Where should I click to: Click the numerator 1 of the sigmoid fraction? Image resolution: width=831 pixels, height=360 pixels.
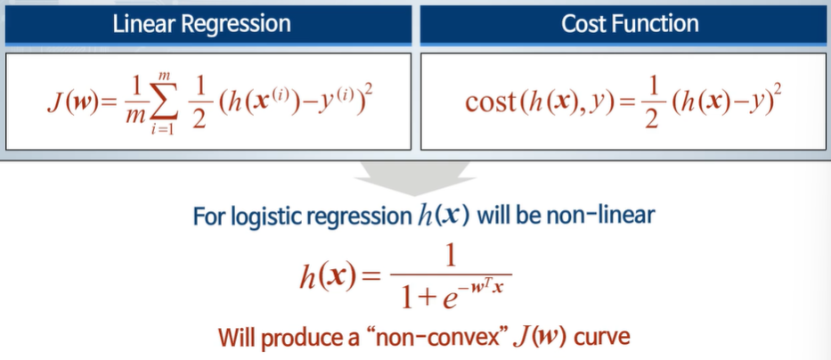click(x=451, y=257)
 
